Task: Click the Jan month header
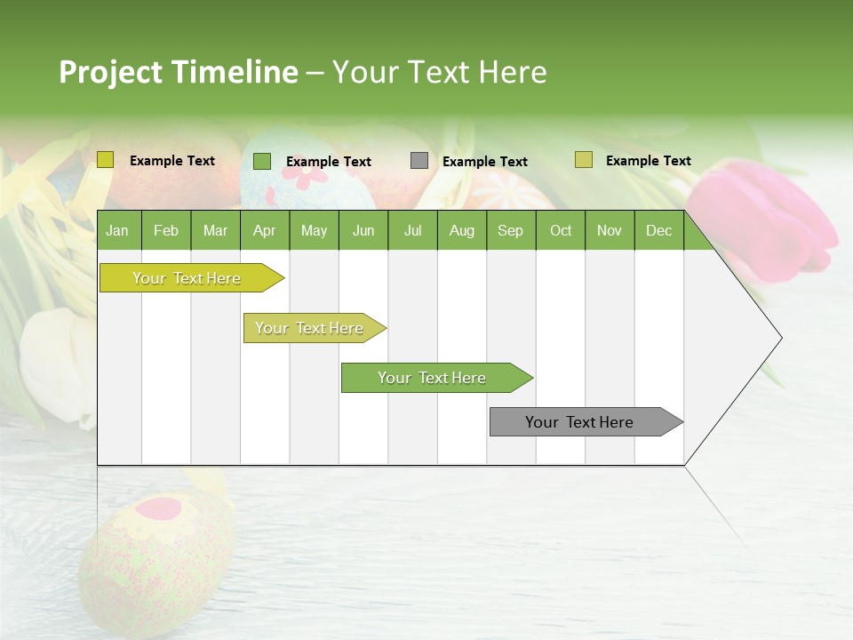coord(117,230)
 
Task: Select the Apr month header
coord(264,230)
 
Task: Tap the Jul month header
coord(412,230)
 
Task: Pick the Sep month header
coord(510,230)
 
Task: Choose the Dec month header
coord(658,230)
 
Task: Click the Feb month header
coord(166,230)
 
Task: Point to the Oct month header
coord(561,230)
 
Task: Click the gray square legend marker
coord(419,161)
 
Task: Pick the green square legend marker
coord(262,161)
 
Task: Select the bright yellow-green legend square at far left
coord(106,160)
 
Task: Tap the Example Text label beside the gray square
coord(484,162)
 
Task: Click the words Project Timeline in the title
coord(178,72)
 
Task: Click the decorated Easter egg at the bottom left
coord(155,551)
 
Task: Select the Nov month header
coord(610,230)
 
